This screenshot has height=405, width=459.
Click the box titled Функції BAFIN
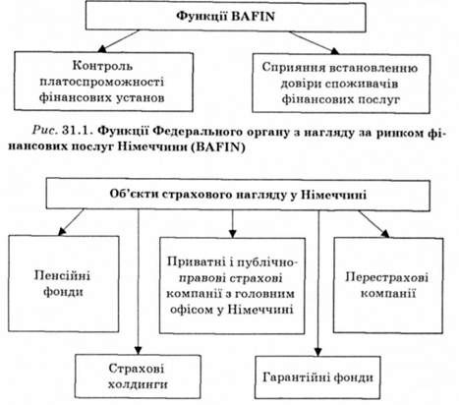coord(226,17)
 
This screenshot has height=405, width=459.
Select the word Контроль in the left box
coord(102,66)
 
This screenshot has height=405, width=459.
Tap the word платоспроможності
coord(102,82)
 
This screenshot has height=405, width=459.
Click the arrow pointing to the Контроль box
coord(119,41)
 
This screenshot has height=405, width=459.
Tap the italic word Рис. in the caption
coord(45,132)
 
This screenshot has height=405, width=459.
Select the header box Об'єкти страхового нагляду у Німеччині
coord(238,195)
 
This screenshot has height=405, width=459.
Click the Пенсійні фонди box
coord(64,283)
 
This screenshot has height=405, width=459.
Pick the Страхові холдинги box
coord(138,376)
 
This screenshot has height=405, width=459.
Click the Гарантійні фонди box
coord(317,377)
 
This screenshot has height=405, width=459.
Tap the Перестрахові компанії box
coord(388,285)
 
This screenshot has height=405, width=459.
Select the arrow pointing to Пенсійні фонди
coord(72,222)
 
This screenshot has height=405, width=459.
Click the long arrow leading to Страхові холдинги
coord(139,282)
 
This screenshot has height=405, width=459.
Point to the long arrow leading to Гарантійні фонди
coord(318,283)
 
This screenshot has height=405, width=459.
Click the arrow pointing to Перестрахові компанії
coord(373,224)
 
